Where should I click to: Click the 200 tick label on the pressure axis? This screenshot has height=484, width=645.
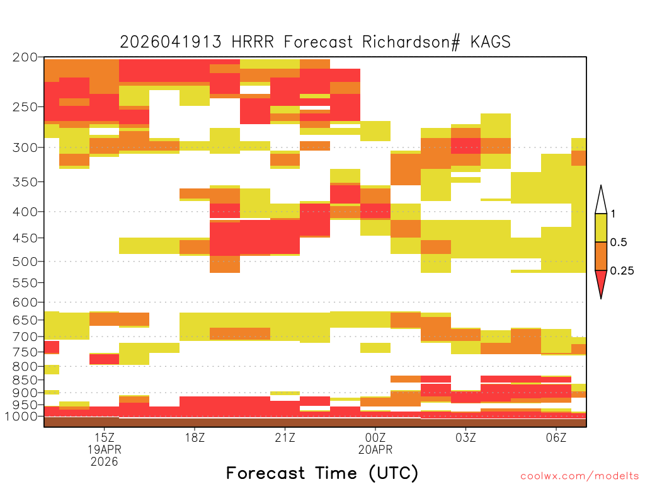point(25,57)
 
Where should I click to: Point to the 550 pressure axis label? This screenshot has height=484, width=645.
point(25,283)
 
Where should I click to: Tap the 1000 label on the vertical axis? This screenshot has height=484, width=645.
point(21,417)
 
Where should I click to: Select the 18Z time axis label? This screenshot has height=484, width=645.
point(195,437)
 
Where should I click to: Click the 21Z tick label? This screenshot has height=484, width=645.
point(285,437)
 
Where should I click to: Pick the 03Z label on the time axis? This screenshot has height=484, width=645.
point(465,437)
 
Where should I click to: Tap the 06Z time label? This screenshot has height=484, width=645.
point(556,437)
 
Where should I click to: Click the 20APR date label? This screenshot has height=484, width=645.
point(375,449)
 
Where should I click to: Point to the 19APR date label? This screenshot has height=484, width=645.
point(105,449)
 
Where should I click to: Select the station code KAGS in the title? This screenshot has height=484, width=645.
point(490,42)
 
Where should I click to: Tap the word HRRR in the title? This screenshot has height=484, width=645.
point(253,42)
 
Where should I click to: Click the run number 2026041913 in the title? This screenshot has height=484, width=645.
point(171,42)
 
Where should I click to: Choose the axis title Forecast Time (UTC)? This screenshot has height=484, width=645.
point(322,473)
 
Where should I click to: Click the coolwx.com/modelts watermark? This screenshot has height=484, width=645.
point(579,476)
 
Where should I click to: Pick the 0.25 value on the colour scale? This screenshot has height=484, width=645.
point(622,270)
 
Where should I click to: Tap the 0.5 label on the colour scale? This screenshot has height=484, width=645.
point(619,242)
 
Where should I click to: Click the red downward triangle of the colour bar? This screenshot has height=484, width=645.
point(601,282)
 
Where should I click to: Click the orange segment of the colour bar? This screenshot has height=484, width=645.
point(601,256)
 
